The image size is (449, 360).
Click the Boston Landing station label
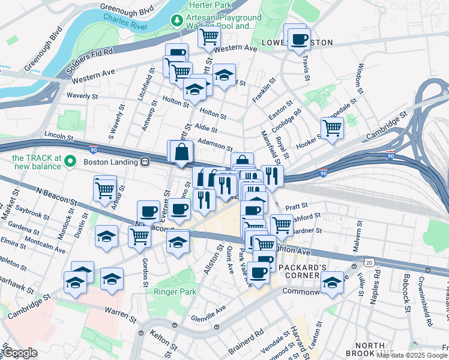click(x=109, y=162)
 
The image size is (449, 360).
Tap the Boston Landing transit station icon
click(x=145, y=162)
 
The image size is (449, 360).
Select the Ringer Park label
click(x=175, y=292)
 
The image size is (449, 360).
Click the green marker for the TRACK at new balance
click(x=70, y=161)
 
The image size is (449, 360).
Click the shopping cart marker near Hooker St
click(x=331, y=128)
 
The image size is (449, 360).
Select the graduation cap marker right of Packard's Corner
click(x=331, y=282)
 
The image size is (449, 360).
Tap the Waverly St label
click(x=82, y=96)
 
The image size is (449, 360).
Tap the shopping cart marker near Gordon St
click(x=139, y=236)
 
